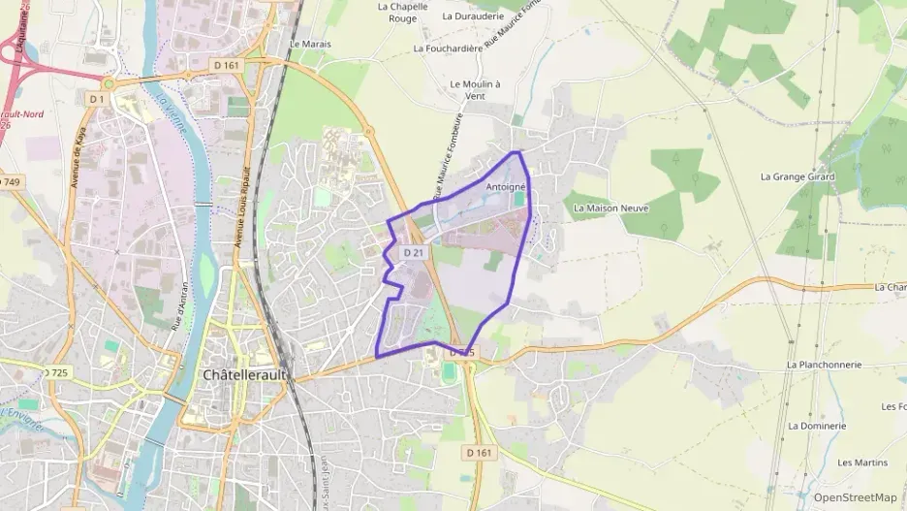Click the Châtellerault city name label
[244, 374]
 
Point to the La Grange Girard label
[799, 176]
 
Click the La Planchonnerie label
[825, 365]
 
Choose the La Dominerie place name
[817, 426]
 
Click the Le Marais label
[310, 45]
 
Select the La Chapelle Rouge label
[401, 13]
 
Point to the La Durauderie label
[474, 16]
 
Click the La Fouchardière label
[447, 48]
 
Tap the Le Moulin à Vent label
[475, 90]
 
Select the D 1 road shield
[96, 99]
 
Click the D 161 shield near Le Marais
[224, 65]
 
